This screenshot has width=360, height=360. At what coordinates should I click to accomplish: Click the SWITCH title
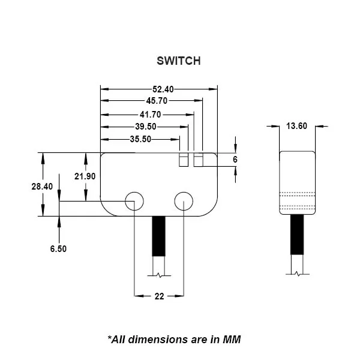pos(178,61)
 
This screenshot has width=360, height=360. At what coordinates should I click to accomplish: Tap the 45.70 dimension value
pos(157,101)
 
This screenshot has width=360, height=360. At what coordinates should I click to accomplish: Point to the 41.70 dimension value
pos(149,114)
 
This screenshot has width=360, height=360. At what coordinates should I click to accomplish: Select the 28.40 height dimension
pos(42,187)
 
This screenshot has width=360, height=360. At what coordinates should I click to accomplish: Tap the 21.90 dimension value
pos(85,176)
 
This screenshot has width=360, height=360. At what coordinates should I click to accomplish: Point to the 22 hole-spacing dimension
pos(159,296)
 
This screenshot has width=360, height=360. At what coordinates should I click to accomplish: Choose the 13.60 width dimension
pos(297,126)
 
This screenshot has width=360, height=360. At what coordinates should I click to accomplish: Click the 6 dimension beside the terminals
pos(235,160)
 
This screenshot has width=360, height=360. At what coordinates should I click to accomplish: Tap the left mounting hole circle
pos(134,202)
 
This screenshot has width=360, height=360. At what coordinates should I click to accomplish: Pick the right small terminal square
pos(198,160)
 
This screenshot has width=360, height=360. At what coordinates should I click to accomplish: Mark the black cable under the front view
pos(158,237)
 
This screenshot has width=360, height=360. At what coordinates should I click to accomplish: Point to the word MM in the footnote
pos(232,340)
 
